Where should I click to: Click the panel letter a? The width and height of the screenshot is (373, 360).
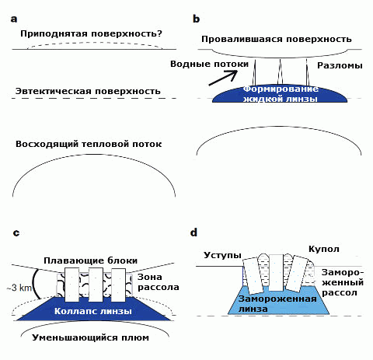14,19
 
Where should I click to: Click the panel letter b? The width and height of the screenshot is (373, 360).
197,19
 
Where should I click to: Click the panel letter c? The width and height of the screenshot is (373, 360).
16,233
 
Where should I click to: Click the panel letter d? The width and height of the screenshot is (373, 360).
193,232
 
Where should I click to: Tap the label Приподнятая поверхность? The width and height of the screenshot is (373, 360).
91,33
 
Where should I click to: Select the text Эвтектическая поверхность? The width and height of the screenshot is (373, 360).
88,91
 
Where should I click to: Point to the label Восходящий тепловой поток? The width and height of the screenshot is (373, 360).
89,144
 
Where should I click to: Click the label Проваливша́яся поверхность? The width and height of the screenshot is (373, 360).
277,39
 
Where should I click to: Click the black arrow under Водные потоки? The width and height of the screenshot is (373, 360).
223,78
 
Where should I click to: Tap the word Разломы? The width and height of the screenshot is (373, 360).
340,65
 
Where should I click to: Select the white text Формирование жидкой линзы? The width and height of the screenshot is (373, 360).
281,94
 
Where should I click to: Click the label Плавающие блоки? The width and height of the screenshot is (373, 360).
90,260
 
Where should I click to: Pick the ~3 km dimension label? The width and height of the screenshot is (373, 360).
19,288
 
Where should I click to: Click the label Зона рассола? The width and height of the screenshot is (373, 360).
158,282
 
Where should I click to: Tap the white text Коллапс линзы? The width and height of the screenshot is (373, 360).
93,311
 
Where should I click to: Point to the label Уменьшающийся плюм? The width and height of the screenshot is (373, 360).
90,337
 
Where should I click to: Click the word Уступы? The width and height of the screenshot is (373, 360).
222,255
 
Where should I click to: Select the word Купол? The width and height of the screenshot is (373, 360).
324,250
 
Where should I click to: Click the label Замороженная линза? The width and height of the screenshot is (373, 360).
277,304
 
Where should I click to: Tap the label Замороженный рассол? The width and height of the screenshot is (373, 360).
343,282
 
